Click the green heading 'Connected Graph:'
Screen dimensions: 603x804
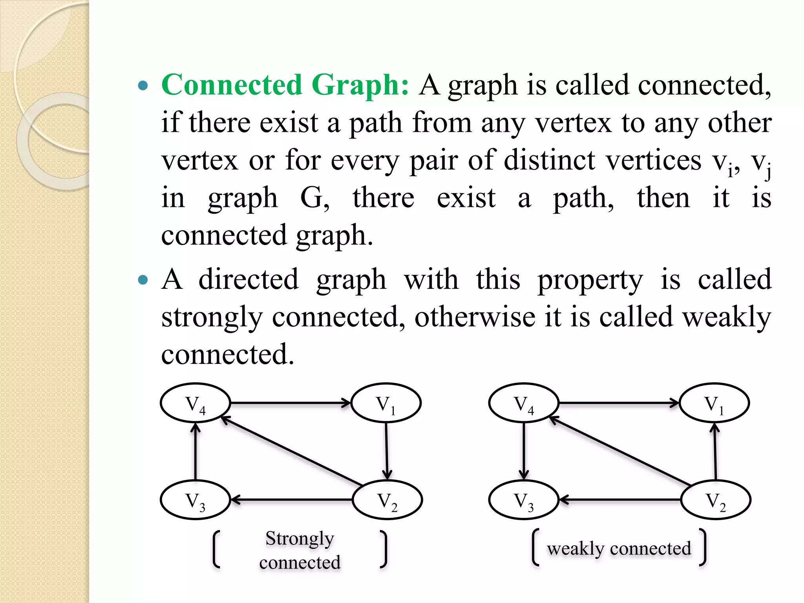[x=285, y=85]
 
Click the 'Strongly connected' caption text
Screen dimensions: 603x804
[x=300, y=550]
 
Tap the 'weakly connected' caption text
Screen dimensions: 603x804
[x=619, y=548]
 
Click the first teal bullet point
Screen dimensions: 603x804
[x=144, y=86]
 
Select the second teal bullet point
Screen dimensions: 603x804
[x=144, y=280]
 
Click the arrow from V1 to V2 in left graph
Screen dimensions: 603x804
[x=387, y=451]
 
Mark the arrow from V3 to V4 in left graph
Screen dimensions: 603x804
[x=195, y=451]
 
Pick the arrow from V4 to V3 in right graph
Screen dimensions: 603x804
[x=524, y=451]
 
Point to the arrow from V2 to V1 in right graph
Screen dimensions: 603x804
[x=715, y=451]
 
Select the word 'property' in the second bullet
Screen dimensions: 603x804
[x=590, y=280]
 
